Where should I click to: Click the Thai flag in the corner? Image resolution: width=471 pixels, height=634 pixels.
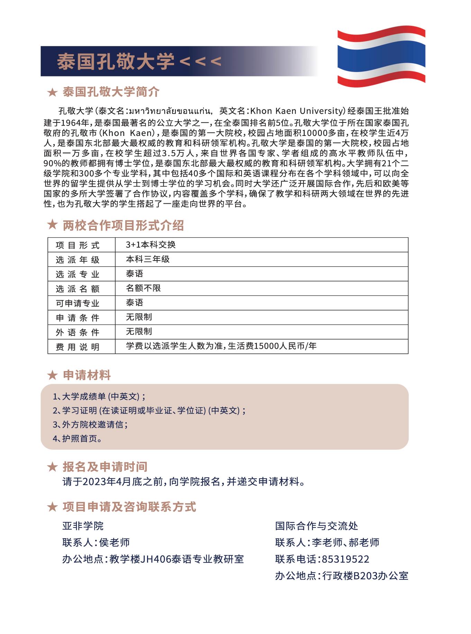381,56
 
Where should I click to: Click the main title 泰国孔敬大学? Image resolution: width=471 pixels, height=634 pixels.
116,61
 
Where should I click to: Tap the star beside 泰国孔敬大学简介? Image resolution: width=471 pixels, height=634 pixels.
52,92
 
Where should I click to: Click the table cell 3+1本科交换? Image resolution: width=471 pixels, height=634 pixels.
151,245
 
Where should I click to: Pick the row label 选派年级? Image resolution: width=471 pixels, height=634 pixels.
78,260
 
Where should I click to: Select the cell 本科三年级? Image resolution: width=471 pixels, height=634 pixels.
148,259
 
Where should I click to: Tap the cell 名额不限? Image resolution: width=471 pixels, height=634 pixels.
143,288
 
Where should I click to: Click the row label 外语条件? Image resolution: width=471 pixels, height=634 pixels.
78,332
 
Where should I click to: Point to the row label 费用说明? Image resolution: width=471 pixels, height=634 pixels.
78,347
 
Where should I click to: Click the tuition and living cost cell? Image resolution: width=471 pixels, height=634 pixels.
221,346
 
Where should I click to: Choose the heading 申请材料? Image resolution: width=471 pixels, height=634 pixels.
87,375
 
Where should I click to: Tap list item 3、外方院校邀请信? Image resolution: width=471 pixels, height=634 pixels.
90,424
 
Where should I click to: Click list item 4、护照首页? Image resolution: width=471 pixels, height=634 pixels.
78,439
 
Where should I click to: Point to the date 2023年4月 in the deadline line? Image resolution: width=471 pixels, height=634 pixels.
104,481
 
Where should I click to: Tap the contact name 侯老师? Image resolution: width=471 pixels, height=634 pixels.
114,542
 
